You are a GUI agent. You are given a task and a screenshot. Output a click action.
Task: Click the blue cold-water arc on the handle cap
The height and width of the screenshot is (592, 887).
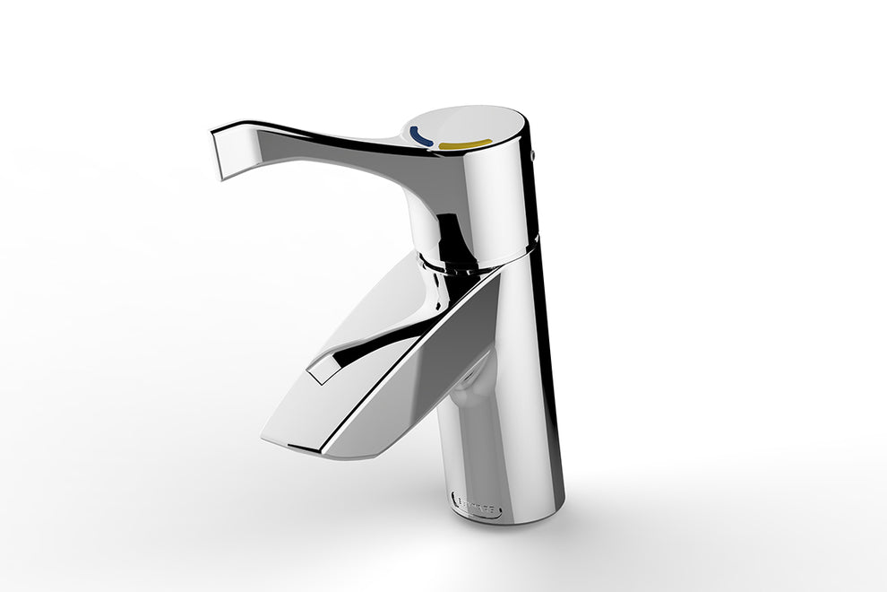[x=419, y=136]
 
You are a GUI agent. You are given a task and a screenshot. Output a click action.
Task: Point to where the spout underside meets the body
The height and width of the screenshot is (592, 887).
[x=470, y=377]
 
